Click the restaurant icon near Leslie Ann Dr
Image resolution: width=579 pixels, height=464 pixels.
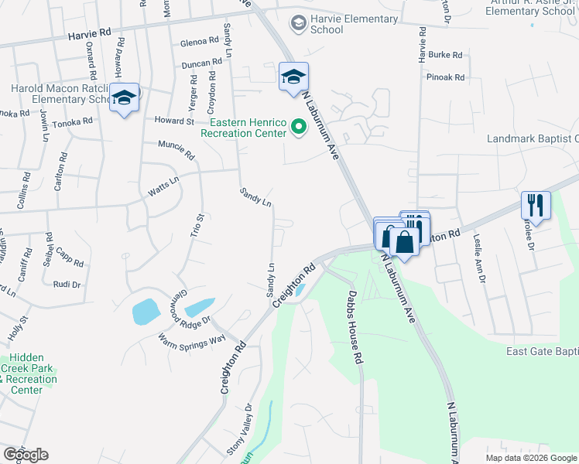535,206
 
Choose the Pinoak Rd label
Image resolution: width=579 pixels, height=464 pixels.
445,77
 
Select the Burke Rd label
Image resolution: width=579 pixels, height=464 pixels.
445,56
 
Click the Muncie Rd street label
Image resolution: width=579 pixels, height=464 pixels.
176,148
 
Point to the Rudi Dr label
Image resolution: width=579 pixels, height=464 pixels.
67,284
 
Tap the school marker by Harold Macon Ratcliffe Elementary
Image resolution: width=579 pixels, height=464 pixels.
123,98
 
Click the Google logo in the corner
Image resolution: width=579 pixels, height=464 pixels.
26,455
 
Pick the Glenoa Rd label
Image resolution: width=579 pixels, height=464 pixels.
200,42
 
